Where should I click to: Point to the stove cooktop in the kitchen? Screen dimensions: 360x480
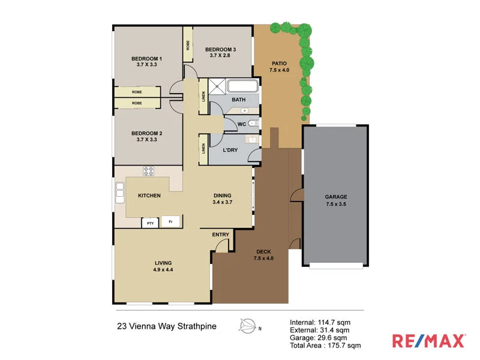pyautogui.click(x=149, y=171)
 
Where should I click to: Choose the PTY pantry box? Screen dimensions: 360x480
pyautogui.click(x=149, y=223)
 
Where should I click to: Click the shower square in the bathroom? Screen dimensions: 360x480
pyautogui.click(x=212, y=85)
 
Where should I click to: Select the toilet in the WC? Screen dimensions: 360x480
pyautogui.click(x=253, y=124)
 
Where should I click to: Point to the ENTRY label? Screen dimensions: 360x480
pyautogui.click(x=220, y=235)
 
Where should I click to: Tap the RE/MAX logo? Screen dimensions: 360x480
pyautogui.click(x=428, y=341)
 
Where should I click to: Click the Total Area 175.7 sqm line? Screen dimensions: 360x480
pyautogui.click(x=325, y=346)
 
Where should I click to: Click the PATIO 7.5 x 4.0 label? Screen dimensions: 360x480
pyautogui.click(x=279, y=66)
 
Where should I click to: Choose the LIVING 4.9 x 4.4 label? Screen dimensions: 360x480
pyautogui.click(x=163, y=266)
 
